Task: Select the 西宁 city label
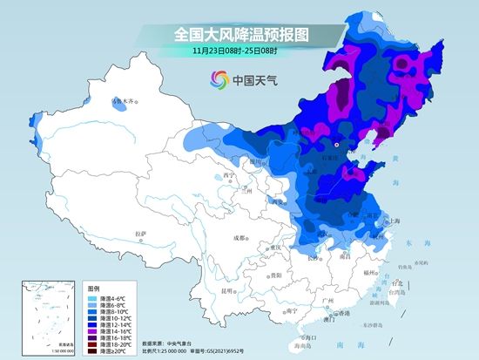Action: [x=229, y=174]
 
